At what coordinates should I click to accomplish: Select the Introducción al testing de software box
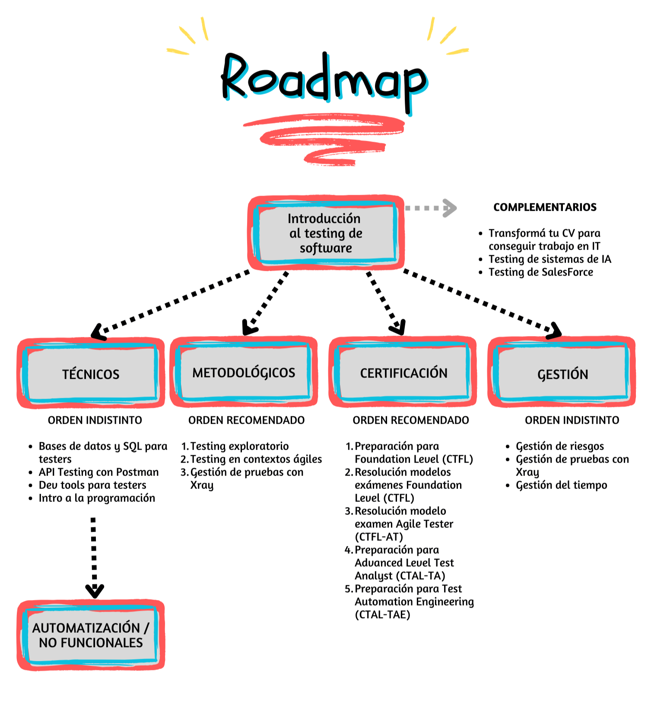326,233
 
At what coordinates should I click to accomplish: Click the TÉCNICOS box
91,374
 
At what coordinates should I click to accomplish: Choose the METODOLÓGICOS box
244,372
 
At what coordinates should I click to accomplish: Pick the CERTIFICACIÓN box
403,373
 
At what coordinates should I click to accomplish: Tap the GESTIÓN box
562,374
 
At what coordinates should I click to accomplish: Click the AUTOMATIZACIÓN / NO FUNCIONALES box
91,635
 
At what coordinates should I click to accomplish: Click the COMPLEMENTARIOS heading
545,207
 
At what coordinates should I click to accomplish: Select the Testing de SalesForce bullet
540,272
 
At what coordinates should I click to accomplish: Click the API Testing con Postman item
98,472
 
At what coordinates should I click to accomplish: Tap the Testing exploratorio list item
239,446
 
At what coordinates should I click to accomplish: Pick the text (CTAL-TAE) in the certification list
382,615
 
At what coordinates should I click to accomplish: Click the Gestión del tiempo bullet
561,485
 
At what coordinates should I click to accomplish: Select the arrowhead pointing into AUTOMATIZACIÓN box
95,591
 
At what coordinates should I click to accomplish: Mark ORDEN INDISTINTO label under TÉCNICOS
95,420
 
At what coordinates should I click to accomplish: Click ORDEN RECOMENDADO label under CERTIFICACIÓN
410,420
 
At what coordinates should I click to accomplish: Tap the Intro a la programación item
97,498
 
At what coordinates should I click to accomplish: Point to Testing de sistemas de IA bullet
550,259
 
